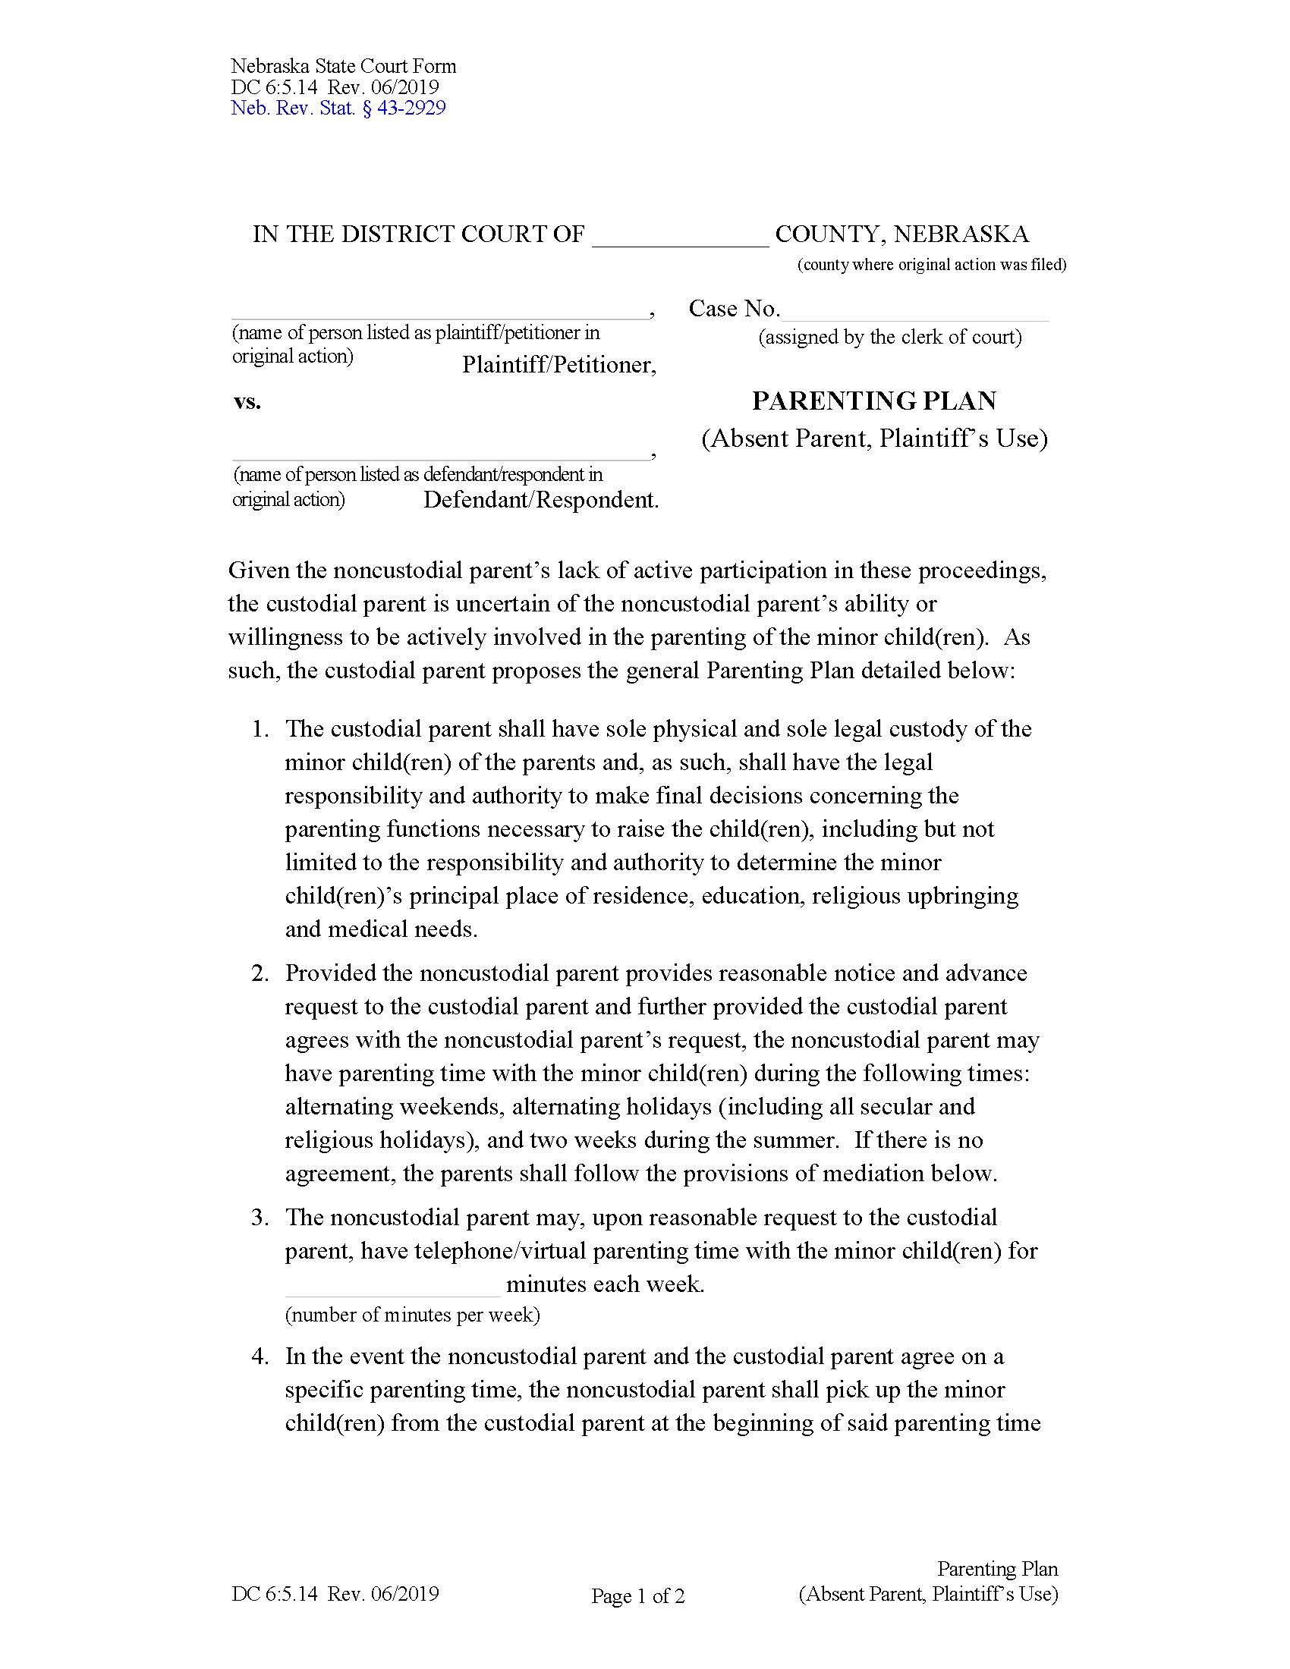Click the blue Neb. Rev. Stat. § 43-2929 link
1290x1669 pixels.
338,108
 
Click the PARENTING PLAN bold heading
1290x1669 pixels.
874,401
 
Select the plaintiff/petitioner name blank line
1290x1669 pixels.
439,310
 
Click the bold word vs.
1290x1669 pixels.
247,401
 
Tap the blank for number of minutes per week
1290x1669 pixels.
392,1284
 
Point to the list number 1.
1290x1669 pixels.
260,729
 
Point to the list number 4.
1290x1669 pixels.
260,1356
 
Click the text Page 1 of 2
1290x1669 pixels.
637,1595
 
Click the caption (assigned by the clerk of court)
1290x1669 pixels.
889,337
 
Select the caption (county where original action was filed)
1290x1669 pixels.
932,265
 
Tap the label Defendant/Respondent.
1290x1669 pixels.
540,500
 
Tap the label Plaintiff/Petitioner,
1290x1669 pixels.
558,366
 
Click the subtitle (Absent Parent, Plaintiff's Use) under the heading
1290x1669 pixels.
874,438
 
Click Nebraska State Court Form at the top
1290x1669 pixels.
343,66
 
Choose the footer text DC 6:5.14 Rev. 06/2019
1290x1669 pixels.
335,1593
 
